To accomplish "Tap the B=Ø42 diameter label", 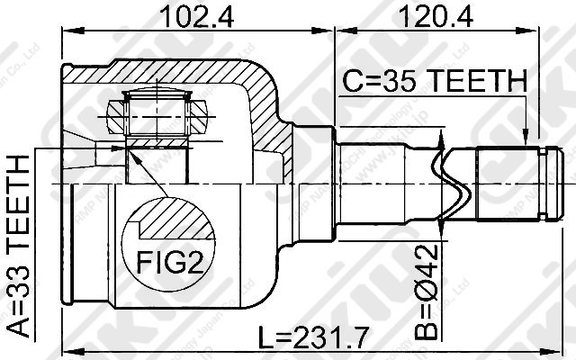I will (429, 290).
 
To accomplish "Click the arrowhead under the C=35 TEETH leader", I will (526, 139).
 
